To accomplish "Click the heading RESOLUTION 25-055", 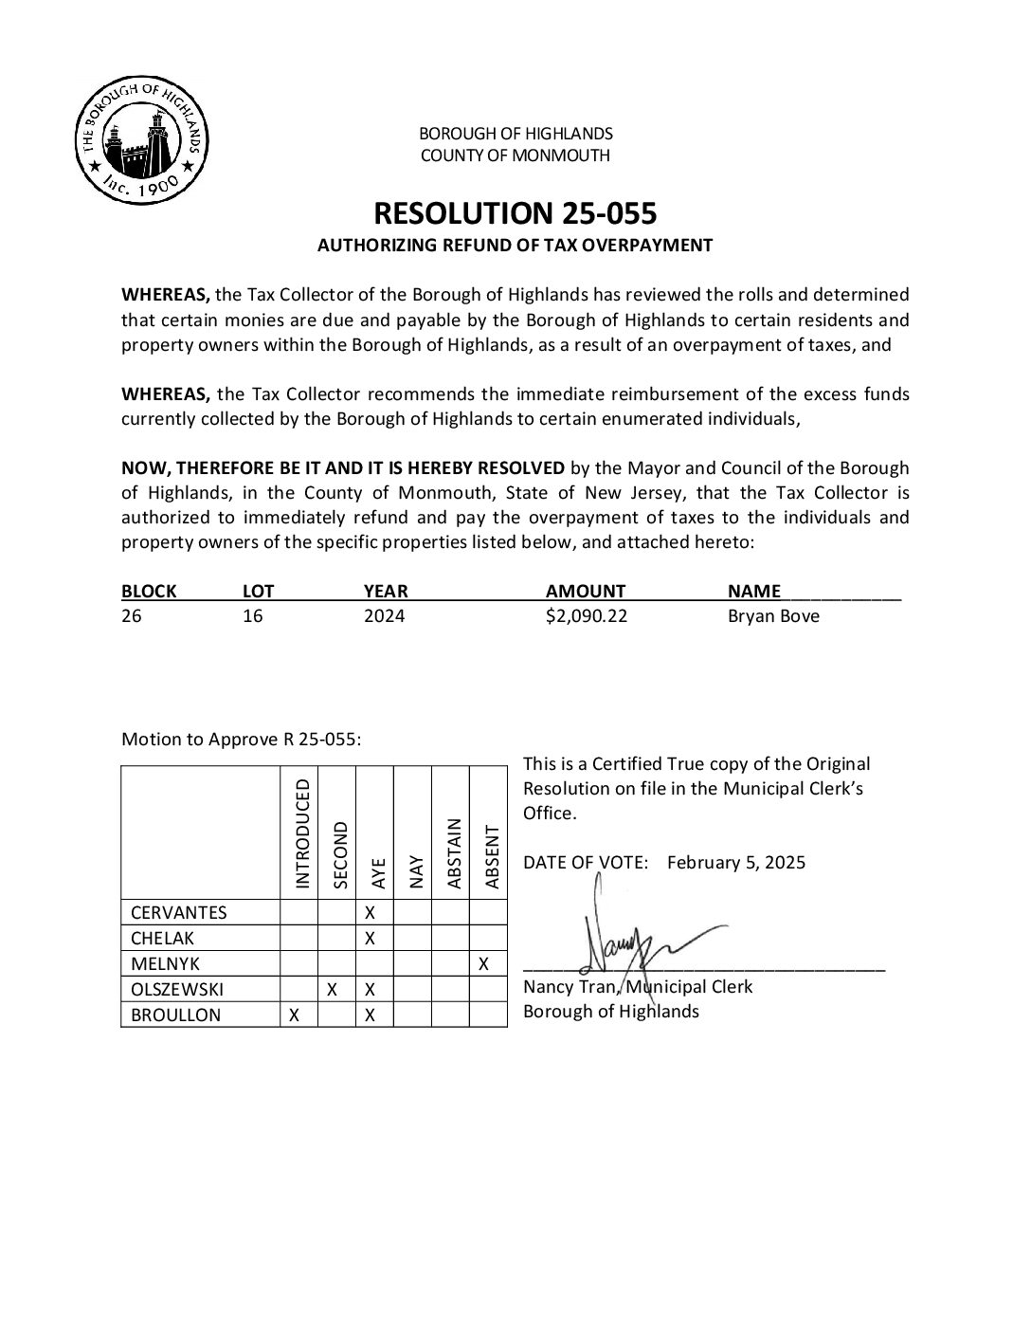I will pyautogui.click(x=515, y=212).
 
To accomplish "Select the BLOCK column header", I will pyautogui.click(x=149, y=592).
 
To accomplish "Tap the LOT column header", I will pyautogui.click(x=258, y=592).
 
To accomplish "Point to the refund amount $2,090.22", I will pyautogui.click(x=587, y=616).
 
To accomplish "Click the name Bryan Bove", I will pyautogui.click(x=773, y=616).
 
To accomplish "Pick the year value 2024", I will pyautogui.click(x=384, y=616).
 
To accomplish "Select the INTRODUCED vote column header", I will pyautogui.click(x=302, y=833).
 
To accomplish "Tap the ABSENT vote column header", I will pyautogui.click(x=491, y=856).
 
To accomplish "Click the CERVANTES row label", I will pyautogui.click(x=179, y=913).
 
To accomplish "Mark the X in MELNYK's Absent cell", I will pyautogui.click(x=484, y=964).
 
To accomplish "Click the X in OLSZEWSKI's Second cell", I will pyautogui.click(x=333, y=990).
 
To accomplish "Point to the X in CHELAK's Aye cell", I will pyautogui.click(x=371, y=939).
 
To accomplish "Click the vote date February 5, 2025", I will pyautogui.click(x=735, y=863).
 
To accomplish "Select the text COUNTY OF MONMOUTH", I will pyautogui.click(x=515, y=155).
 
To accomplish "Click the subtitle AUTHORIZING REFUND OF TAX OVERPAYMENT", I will pyautogui.click(x=515, y=246).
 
